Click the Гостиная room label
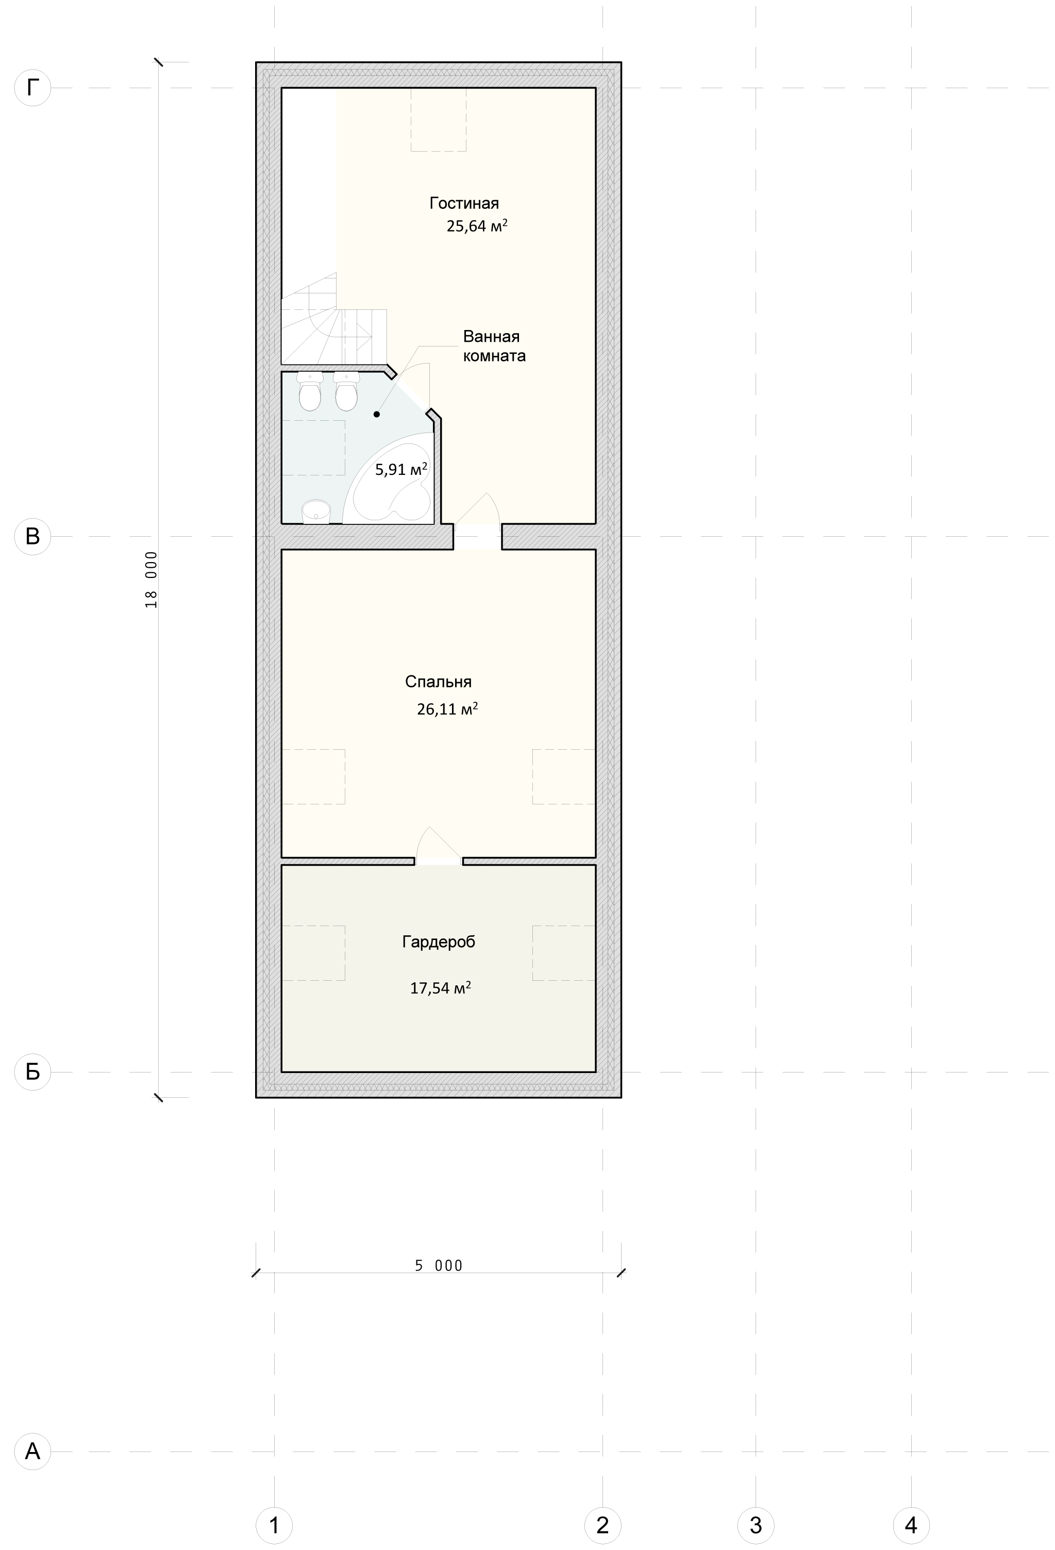point(464,203)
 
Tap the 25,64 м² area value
point(477,225)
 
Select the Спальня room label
point(438,682)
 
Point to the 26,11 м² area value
point(447,709)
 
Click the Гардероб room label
point(439,942)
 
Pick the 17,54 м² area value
point(440,988)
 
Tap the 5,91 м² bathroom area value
point(401,469)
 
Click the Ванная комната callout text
point(494,346)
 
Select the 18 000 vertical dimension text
point(152,580)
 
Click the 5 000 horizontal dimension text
point(439,1265)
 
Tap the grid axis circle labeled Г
point(32,87)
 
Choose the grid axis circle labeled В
point(32,536)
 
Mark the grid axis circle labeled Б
point(32,1072)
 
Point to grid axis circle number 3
point(756,1525)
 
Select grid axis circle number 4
point(911,1525)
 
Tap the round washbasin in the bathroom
point(316,512)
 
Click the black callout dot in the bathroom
point(377,414)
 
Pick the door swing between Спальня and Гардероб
point(438,845)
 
